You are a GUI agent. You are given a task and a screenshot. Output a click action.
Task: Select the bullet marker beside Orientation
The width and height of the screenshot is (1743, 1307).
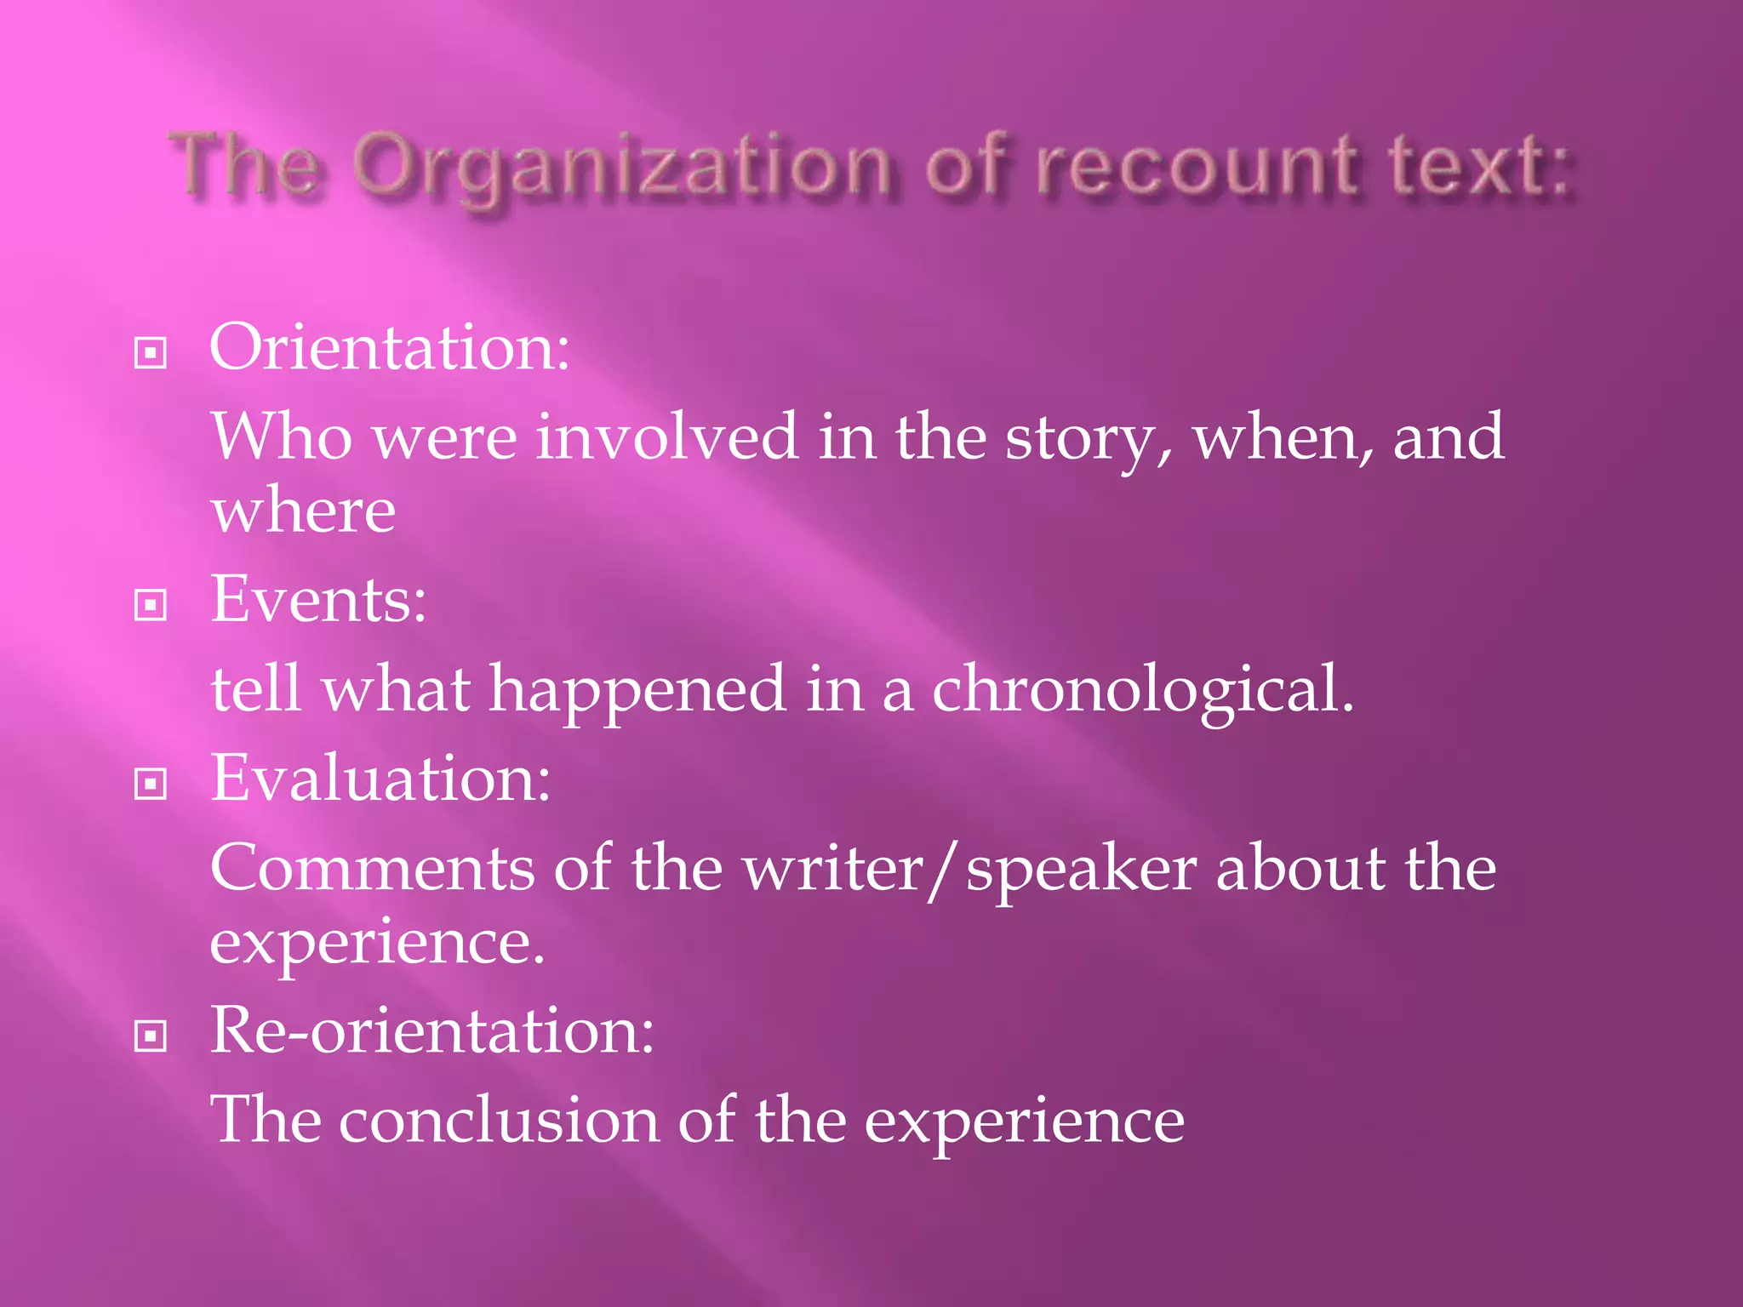click(x=151, y=352)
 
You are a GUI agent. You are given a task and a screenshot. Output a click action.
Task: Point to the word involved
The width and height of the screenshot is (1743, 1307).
click(x=667, y=437)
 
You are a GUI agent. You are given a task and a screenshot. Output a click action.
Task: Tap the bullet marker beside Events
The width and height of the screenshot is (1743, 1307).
click(x=151, y=605)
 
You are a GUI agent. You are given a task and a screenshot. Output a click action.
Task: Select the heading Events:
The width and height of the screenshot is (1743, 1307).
click(x=318, y=600)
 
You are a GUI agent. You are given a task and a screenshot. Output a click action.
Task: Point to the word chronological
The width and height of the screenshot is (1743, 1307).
click(x=1142, y=689)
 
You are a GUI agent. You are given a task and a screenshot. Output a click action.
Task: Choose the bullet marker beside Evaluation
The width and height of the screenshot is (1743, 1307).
click(x=151, y=784)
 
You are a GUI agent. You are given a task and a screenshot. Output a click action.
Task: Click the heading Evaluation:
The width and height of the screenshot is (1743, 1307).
click(x=380, y=779)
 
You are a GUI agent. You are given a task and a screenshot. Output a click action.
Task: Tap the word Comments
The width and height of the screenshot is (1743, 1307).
click(x=373, y=869)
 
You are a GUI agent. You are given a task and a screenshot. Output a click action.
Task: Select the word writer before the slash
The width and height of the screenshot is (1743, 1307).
click(x=833, y=870)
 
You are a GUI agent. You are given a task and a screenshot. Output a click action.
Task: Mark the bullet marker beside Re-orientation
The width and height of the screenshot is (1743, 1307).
click(x=151, y=1036)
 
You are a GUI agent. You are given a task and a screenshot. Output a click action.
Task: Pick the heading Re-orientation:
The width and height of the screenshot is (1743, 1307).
click(x=432, y=1030)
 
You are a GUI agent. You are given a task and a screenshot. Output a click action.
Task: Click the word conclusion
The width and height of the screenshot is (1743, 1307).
click(x=499, y=1121)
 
